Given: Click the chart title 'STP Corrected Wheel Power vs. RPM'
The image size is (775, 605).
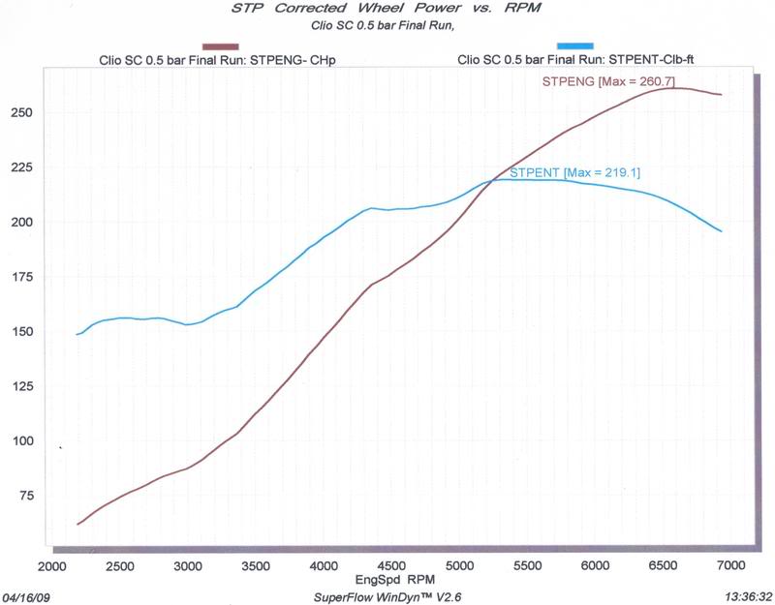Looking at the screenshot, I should [x=386, y=11].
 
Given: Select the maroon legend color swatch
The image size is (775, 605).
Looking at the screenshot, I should [x=220, y=45].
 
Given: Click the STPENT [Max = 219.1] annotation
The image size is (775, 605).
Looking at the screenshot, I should [x=574, y=172].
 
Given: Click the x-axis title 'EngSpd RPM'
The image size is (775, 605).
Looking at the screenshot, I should [x=386, y=578].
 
